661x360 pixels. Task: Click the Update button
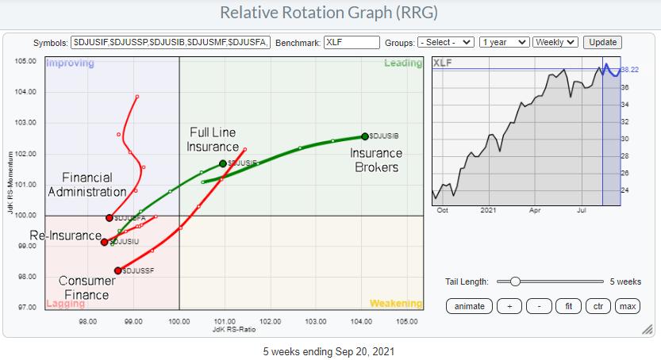[x=601, y=42]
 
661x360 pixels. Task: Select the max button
[x=628, y=306]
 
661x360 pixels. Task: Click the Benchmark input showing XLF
[x=351, y=42]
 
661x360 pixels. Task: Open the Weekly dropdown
[x=555, y=42]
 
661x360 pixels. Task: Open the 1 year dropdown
[x=505, y=42]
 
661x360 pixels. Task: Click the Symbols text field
[x=171, y=42]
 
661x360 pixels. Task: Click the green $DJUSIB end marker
[x=365, y=136]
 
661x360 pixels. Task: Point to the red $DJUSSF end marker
[x=117, y=270]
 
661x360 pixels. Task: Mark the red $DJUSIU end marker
[x=105, y=242]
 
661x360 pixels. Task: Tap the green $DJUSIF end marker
[x=223, y=163]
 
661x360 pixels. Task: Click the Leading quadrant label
[x=402, y=63]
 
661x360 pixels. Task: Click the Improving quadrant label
[x=70, y=63]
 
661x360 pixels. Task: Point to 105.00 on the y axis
[x=25, y=61]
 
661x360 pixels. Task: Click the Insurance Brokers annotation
[x=376, y=160]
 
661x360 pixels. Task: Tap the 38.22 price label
[x=631, y=69]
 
